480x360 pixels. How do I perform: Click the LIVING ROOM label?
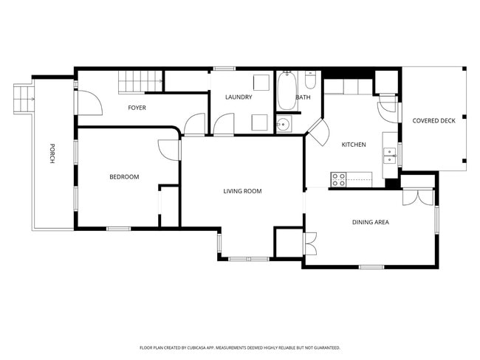click(242, 191)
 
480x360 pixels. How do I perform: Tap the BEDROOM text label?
click(124, 177)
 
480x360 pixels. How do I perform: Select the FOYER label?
click(137, 108)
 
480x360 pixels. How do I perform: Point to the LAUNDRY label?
click(239, 97)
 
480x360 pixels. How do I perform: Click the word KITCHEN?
click(354, 145)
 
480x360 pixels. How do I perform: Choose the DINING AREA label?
click(371, 222)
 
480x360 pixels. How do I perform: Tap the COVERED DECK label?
click(433, 121)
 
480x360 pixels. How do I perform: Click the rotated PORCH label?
click(52, 153)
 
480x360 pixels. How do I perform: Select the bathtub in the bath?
click(287, 91)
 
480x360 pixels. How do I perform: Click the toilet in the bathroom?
click(310, 79)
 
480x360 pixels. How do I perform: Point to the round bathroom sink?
click(284, 124)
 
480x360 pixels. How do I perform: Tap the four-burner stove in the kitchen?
click(338, 179)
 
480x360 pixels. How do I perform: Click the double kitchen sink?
click(390, 156)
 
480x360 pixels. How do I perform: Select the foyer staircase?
click(140, 81)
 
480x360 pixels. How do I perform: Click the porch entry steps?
click(24, 99)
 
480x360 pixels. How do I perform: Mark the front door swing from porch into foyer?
click(89, 103)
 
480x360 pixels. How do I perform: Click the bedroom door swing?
click(168, 150)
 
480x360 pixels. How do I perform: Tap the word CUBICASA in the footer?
click(201, 347)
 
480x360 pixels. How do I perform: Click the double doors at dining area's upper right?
click(417, 197)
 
